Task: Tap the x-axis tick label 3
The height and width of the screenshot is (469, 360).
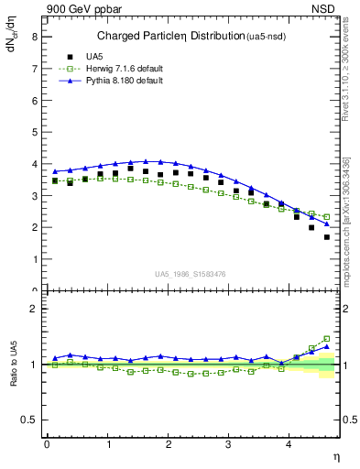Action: (x=229, y=444)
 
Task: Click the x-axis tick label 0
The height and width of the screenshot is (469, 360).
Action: (x=47, y=444)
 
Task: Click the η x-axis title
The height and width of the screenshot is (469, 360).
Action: (x=335, y=455)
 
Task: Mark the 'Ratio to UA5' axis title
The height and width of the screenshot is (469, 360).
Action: (x=14, y=377)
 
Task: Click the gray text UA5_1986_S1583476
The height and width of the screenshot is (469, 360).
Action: (x=191, y=274)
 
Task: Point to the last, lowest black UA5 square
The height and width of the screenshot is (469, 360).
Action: (x=326, y=237)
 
